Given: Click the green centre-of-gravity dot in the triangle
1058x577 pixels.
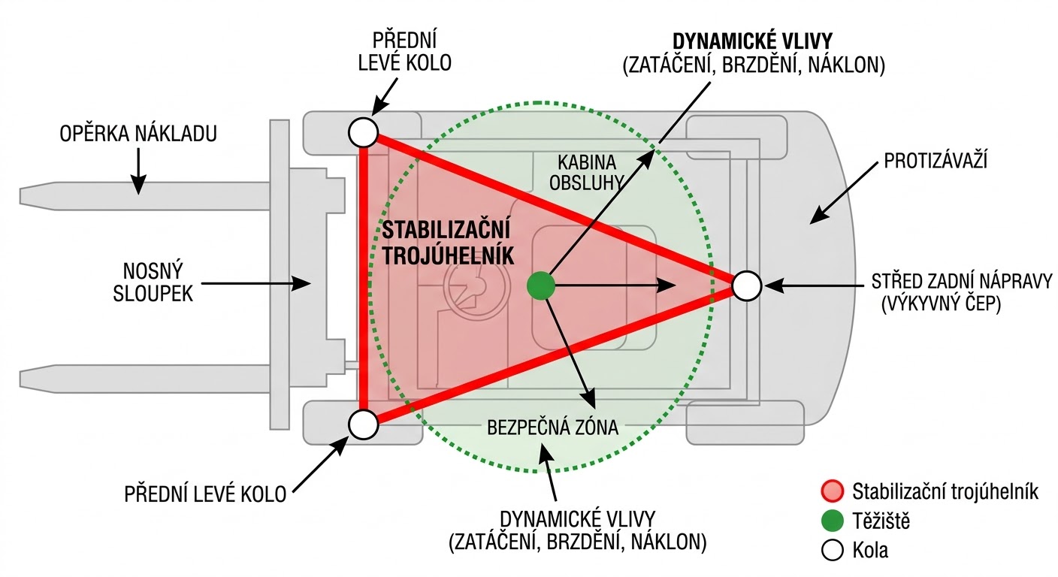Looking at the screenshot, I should click(x=540, y=285).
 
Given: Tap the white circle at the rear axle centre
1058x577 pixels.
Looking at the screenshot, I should click(x=746, y=285).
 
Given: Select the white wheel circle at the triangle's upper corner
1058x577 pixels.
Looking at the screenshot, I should click(x=363, y=132).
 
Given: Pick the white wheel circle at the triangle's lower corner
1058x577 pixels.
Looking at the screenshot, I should click(x=363, y=424).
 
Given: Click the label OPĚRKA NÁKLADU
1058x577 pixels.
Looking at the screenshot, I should click(x=139, y=134).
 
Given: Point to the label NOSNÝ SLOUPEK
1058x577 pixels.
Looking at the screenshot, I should click(x=153, y=282).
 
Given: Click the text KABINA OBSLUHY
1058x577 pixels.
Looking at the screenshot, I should click(x=587, y=171).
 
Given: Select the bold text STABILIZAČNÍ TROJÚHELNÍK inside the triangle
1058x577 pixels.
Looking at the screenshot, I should click(x=446, y=242).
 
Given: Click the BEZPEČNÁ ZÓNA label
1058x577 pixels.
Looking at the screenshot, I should click(x=552, y=427).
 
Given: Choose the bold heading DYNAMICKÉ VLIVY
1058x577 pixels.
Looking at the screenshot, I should click(x=754, y=41).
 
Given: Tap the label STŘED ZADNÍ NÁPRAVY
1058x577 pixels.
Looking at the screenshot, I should click(x=962, y=282).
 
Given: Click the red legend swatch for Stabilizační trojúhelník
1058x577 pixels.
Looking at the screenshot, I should click(x=833, y=492).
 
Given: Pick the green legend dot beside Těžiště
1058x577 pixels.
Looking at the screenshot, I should click(x=833, y=521).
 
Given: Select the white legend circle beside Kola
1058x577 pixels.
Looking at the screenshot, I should click(x=833, y=551).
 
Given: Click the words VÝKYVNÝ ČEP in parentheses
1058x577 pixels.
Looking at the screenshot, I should click(x=942, y=305).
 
